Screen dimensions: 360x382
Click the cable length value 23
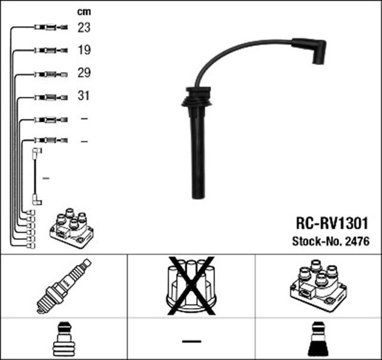coord(84,27)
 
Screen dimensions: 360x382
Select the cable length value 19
coord(84,50)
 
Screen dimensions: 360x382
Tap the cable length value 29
coord(84,73)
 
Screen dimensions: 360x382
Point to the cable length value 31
coord(84,96)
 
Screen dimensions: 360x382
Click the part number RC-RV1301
coord(332,223)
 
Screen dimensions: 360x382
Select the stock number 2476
coord(358,242)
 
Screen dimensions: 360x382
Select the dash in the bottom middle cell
coord(191,341)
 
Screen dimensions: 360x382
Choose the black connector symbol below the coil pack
coord(318,340)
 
